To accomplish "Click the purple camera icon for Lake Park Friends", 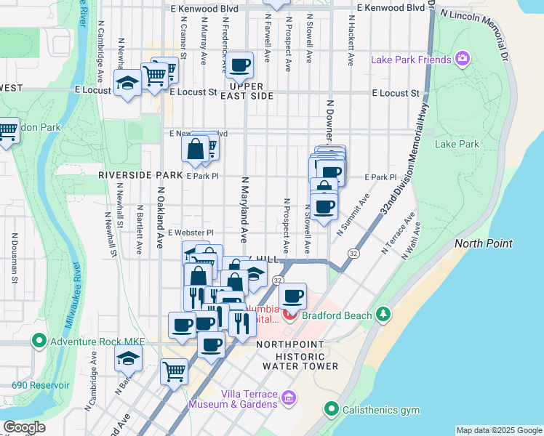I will click(462, 58).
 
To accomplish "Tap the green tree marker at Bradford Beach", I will click(383, 314).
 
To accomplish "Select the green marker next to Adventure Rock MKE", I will click(39, 340).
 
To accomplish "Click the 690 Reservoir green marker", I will click(6, 384).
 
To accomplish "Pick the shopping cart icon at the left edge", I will click(7, 132).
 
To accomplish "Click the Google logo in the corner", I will click(25, 427).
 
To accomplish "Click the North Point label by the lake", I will click(484, 243).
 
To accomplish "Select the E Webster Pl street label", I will click(190, 233).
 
